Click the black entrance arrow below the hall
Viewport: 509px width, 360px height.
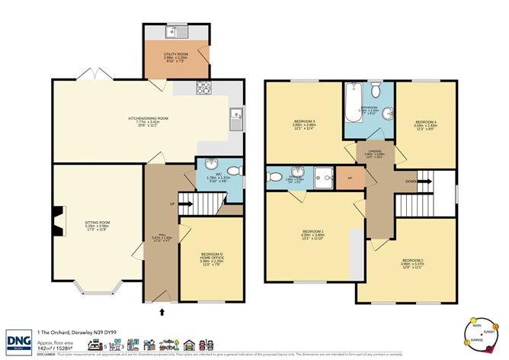coord(161,310)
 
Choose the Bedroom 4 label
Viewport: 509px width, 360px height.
coord(424,124)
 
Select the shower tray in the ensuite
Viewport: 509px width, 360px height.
coord(323,176)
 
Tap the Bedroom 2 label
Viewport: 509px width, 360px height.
coord(412,263)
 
